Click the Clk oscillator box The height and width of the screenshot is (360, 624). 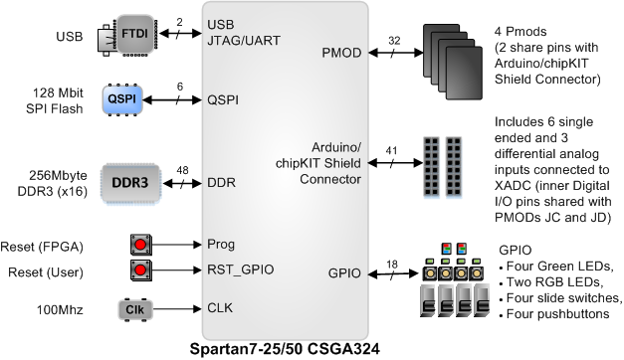pyautogui.click(x=136, y=308)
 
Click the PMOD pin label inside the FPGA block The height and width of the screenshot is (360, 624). pyautogui.click(x=343, y=51)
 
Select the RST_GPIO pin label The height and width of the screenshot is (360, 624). pyautogui.click(x=240, y=270)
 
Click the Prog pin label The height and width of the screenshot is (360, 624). pyautogui.click(x=221, y=244)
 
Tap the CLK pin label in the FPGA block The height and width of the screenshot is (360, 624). pyautogui.click(x=220, y=308)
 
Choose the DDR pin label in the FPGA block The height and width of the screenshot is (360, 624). pyautogui.click(x=220, y=183)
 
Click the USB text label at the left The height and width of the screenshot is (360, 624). pyautogui.click(x=70, y=36)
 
